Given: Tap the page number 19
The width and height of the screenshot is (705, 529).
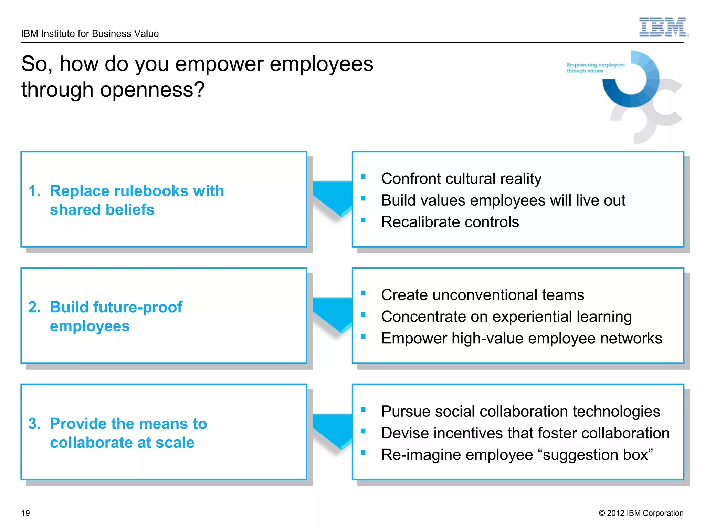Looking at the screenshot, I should [x=26, y=513].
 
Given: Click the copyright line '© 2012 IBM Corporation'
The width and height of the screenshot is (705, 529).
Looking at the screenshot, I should [x=641, y=513].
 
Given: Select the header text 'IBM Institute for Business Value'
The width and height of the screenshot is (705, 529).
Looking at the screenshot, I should [x=90, y=34].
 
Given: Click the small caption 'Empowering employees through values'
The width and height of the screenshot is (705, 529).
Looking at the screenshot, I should [x=595, y=68].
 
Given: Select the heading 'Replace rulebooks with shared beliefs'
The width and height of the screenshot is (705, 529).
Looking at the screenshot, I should [x=137, y=200].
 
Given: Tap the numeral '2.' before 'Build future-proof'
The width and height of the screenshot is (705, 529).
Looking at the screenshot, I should [x=34, y=307].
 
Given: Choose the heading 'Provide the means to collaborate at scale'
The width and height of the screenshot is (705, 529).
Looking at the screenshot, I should [x=128, y=433].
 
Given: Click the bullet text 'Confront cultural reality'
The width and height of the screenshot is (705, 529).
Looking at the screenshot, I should [x=461, y=179].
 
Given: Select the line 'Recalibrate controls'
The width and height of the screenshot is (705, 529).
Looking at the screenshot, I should [x=450, y=222].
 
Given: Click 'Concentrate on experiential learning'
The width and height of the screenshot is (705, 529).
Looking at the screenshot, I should [x=506, y=317].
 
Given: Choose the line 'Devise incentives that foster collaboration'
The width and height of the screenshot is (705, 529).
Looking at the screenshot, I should [x=525, y=433].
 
